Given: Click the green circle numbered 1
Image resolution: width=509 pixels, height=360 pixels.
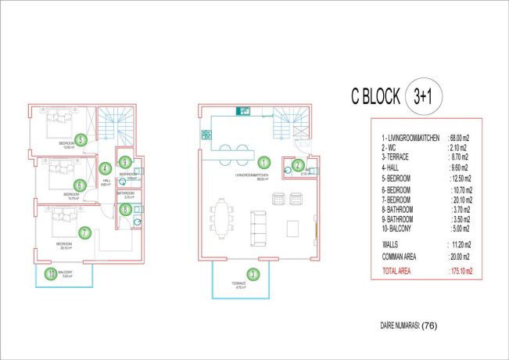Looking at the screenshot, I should pyautogui.click(x=264, y=163).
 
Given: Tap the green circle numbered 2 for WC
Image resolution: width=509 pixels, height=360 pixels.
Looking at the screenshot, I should pyautogui.click(x=298, y=164).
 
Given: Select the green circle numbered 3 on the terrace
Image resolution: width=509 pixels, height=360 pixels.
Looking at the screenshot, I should pyautogui.click(x=252, y=274).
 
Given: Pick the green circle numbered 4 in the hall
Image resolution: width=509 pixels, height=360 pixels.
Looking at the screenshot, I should pyautogui.click(x=105, y=168).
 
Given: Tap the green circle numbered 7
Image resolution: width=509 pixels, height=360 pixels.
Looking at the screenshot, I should pyautogui.click(x=84, y=232).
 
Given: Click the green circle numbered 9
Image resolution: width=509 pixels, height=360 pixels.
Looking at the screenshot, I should pyautogui.click(x=124, y=162).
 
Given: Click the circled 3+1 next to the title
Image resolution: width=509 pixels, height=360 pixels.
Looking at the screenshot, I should pyautogui.click(x=424, y=97).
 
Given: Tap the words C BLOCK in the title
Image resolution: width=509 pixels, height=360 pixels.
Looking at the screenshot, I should pyautogui.click(x=375, y=98).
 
